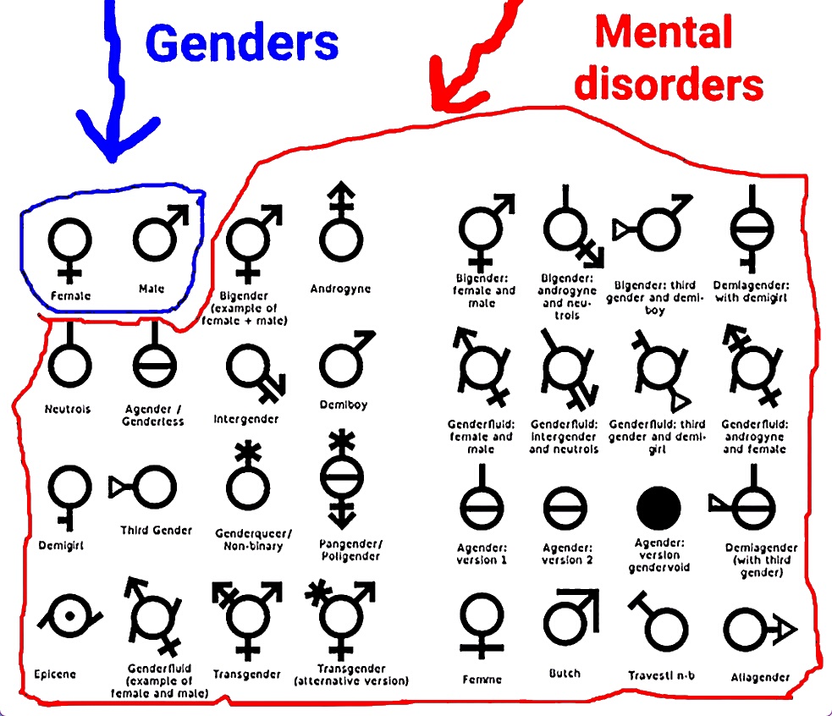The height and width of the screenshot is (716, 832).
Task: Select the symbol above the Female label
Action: point(69,245)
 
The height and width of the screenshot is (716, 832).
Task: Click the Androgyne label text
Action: point(340,289)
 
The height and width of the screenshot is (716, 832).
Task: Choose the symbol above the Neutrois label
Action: point(69,359)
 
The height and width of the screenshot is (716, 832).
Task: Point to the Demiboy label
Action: point(344,405)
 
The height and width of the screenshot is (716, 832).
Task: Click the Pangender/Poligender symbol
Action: point(342,479)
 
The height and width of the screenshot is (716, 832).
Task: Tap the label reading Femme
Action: point(482,679)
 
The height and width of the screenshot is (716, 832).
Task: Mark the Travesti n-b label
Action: point(661,675)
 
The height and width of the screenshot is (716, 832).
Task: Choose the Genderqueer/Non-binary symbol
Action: point(248,479)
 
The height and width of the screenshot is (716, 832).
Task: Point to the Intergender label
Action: point(245,419)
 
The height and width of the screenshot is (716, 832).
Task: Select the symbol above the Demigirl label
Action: point(67,491)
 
